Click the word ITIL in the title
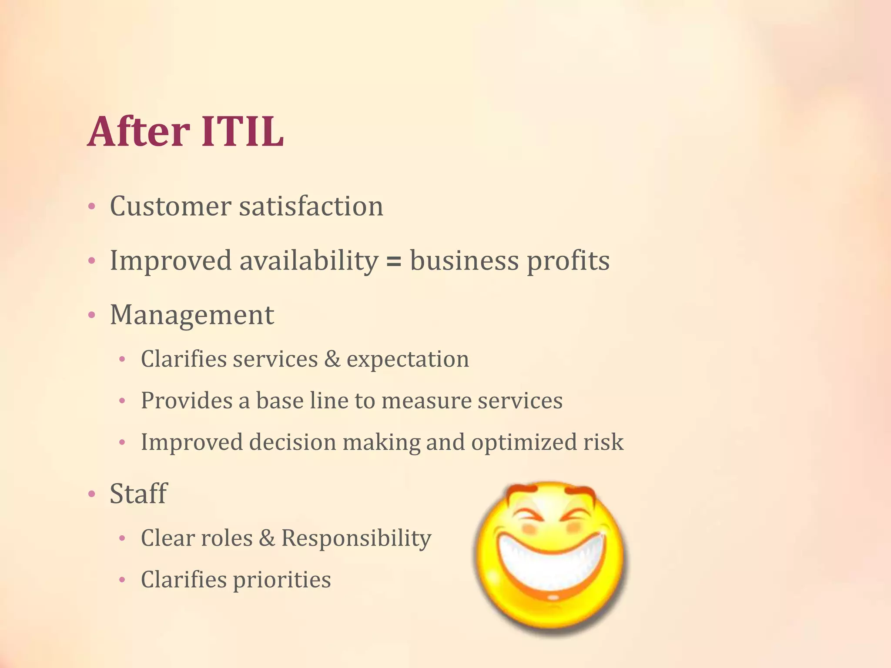tap(242, 132)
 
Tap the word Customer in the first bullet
tap(170, 206)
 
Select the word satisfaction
tap(311, 206)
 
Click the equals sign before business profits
tap(394, 261)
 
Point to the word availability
tap(309, 261)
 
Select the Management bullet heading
tap(192, 315)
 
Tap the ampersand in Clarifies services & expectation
tap(332, 360)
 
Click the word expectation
tap(408, 360)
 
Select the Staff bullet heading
tap(138, 494)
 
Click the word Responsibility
tap(356, 538)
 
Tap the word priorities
tap(281, 580)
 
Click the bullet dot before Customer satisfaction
tap(91, 207)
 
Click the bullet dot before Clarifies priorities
tap(122, 580)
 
